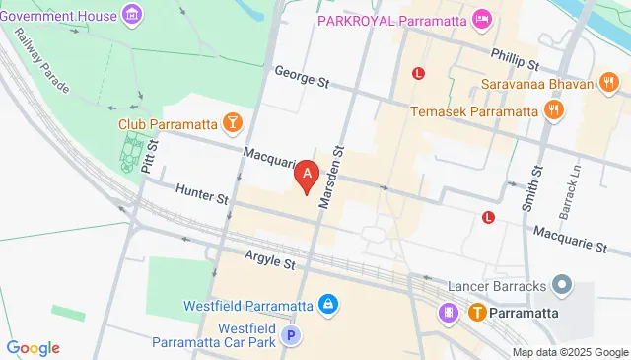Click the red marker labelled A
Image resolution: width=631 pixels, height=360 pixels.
[308, 176]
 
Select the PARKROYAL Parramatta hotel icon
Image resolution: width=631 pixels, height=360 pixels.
[481, 19]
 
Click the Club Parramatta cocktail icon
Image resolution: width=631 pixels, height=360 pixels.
[232, 122]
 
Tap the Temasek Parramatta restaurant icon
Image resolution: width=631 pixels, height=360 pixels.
[555, 110]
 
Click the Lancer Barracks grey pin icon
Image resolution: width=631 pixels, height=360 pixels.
[563, 286]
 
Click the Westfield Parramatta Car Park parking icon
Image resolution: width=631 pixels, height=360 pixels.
[290, 336]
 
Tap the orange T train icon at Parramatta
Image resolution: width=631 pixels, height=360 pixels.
[477, 313]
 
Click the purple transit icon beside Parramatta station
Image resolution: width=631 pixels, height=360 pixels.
[449, 313]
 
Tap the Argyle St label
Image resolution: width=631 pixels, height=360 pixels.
[269, 264]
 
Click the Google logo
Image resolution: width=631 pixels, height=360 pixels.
[34, 347]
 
